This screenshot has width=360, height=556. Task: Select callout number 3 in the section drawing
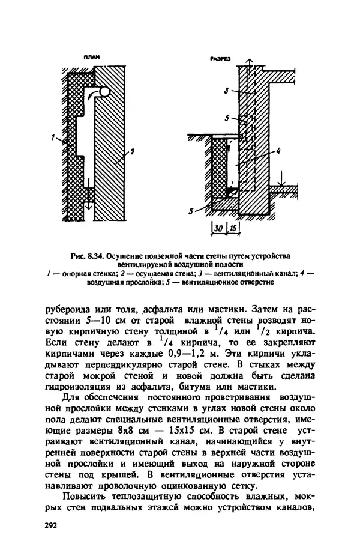click(x=225, y=91)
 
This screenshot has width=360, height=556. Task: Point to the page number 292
click(x=51, y=525)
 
